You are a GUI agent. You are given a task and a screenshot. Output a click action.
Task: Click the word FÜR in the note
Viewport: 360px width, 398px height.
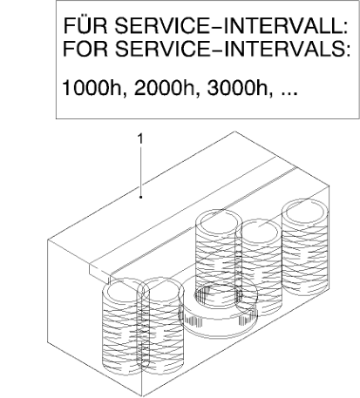pyautogui.click(x=86, y=25)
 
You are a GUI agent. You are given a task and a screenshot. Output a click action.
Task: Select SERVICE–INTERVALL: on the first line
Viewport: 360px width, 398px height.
pyautogui.click(x=232, y=25)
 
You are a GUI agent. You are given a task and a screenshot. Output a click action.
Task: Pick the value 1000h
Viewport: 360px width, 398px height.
pyautogui.click(x=94, y=88)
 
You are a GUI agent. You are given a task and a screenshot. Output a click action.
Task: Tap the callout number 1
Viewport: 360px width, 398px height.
pyautogui.click(x=140, y=139)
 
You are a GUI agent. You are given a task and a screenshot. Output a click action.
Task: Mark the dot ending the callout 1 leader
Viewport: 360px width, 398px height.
pyautogui.click(x=141, y=197)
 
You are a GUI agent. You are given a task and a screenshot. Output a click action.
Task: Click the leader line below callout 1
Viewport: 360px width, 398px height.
pyautogui.click(x=141, y=172)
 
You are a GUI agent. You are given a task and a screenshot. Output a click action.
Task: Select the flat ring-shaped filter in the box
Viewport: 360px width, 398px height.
pyautogui.click(x=218, y=307)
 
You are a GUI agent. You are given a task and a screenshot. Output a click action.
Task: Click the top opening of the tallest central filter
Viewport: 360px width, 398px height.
pyautogui.click(x=219, y=222)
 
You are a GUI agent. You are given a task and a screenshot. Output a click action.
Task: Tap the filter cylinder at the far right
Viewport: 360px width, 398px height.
pyautogui.click(x=306, y=246)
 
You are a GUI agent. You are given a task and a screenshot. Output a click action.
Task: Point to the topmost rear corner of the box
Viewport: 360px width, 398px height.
pyautogui.click(x=234, y=132)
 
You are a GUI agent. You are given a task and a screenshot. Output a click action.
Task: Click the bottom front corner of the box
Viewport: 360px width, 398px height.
pyautogui.click(x=141, y=396)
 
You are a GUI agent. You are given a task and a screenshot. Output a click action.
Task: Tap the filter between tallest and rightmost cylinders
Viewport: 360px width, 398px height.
pyautogui.click(x=259, y=267)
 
